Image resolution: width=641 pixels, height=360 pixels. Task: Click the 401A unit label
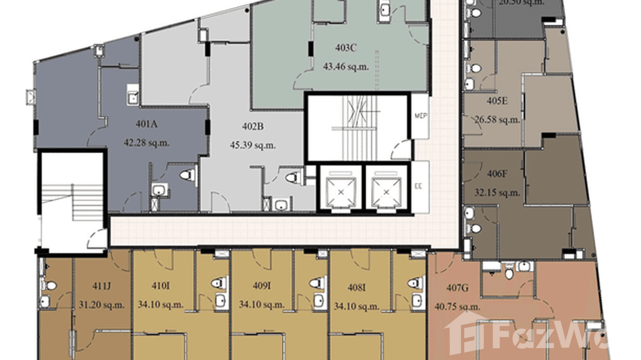click(147, 125)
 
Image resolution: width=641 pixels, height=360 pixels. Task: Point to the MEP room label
click(420, 116)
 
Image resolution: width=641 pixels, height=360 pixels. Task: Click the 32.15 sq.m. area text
click(497, 193)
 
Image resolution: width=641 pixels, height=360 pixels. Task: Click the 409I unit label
click(262, 286)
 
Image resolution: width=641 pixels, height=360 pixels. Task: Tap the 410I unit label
click(160, 286)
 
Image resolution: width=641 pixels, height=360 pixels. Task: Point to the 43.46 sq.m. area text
click(344, 67)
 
